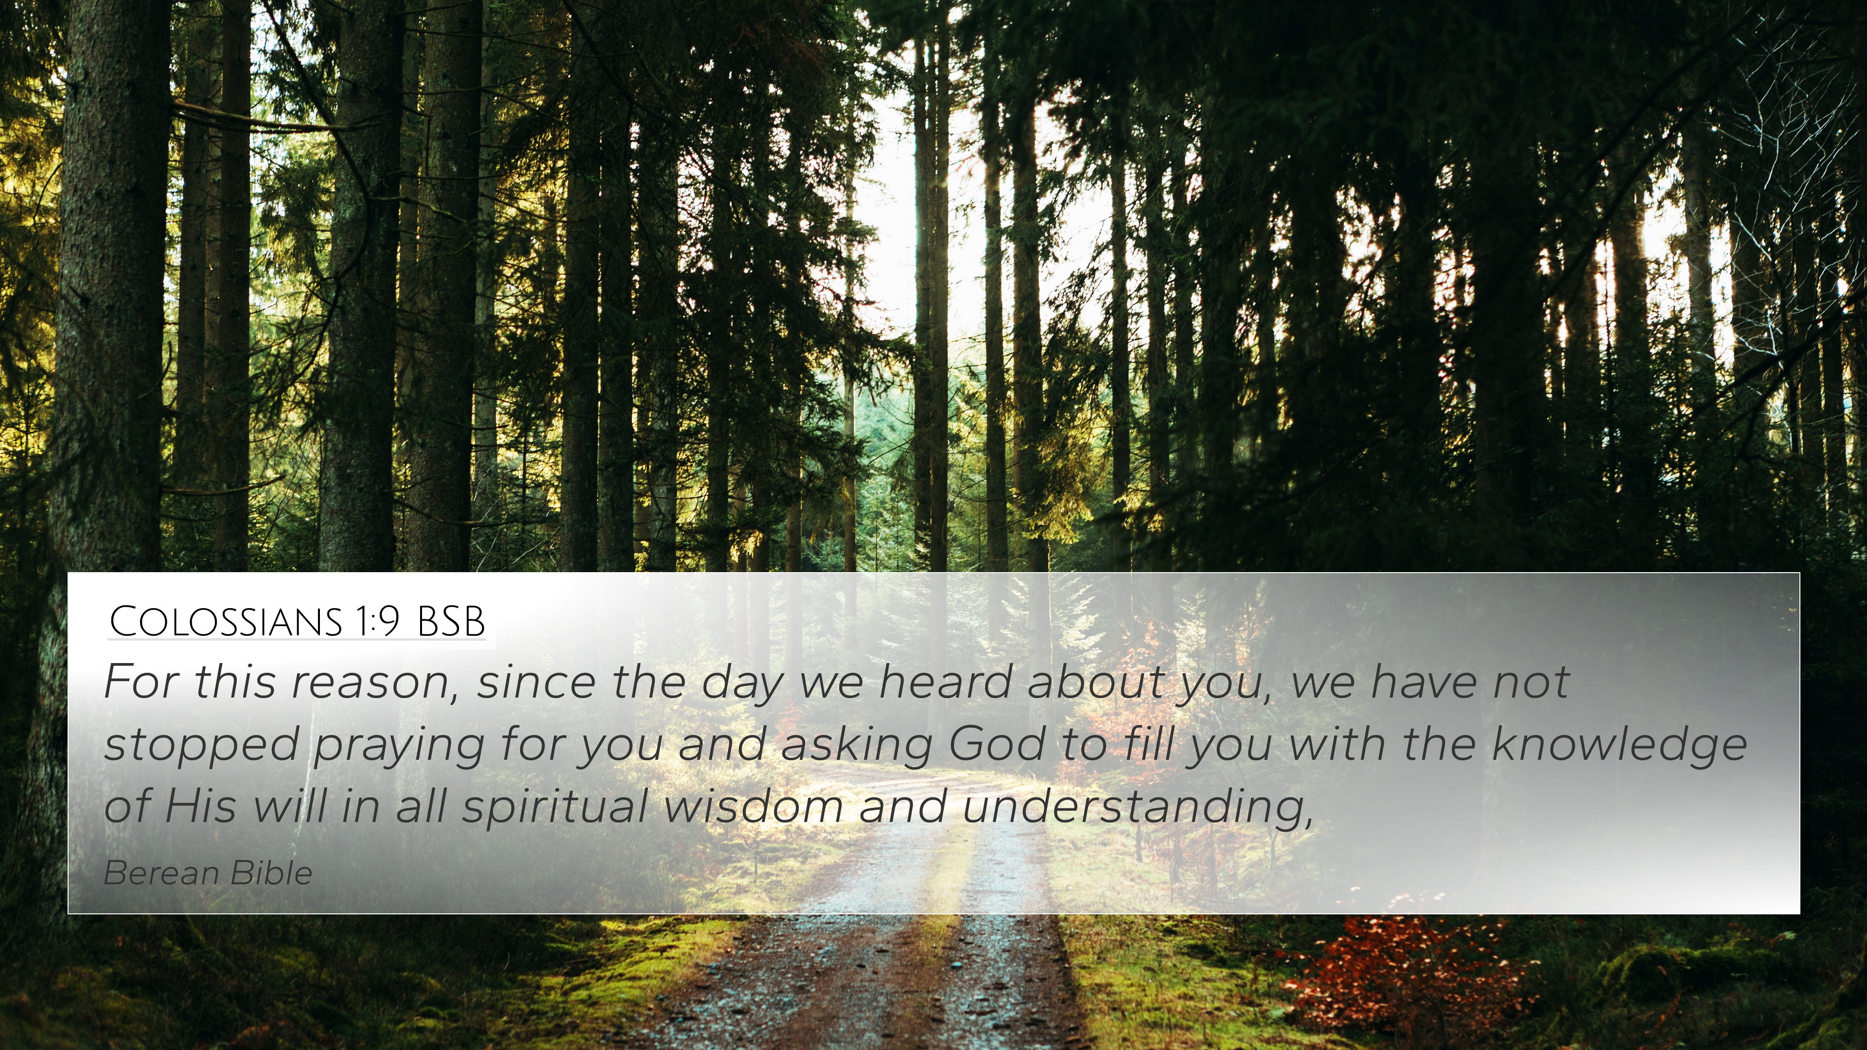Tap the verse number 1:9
tap(377, 621)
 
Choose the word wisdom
tap(753, 806)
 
